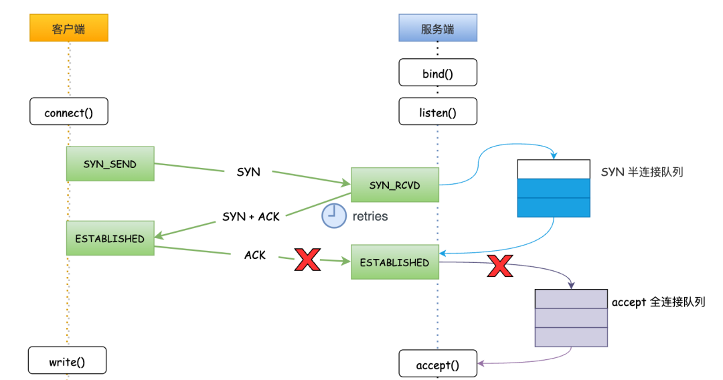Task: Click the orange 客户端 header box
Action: pos(68,29)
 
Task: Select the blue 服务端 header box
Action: pos(438,29)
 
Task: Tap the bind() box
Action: pos(438,73)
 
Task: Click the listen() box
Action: pos(438,112)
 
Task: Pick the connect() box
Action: pos(68,112)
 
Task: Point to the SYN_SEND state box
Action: pos(110,164)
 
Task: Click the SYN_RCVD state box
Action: pos(394,185)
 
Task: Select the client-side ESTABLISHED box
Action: pos(110,238)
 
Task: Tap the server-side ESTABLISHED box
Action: pos(394,262)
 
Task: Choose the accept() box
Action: pos(438,364)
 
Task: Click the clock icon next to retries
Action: pos(333,216)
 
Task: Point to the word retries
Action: pos(370,217)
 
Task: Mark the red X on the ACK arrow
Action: pos(307,259)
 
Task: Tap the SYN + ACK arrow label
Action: pos(251,217)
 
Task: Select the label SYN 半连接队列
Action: pos(642,172)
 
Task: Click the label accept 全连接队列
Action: pos(658,302)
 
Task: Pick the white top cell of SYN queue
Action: pos(554,169)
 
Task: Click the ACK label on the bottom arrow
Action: pos(255,255)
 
